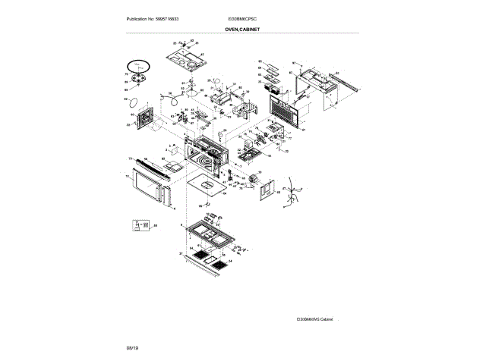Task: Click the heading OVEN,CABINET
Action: coord(242,29)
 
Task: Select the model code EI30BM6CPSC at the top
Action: coord(242,17)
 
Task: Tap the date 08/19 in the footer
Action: coord(132,347)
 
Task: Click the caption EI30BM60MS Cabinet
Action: coord(314,319)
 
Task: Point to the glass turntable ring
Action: coord(138,66)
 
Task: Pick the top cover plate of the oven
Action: coord(185,59)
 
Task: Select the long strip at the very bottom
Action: coord(205,261)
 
